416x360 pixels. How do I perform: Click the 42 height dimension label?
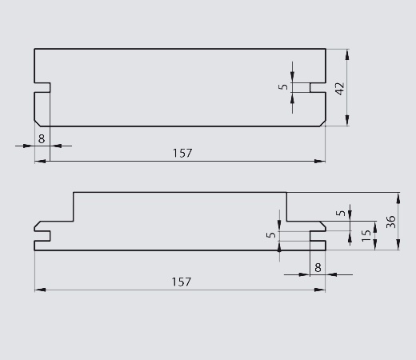click(x=340, y=89)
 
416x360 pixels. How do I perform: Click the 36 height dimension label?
click(x=391, y=222)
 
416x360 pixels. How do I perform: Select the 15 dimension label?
click(x=366, y=235)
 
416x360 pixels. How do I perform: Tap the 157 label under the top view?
click(x=182, y=153)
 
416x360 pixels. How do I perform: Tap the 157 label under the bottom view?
click(x=182, y=282)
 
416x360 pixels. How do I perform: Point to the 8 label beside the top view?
click(x=42, y=139)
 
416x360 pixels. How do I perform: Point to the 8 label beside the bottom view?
click(x=318, y=267)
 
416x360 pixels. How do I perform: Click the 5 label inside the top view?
click(x=283, y=87)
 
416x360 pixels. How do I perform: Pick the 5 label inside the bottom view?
click(x=271, y=235)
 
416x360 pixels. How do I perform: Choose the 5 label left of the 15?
click(x=341, y=213)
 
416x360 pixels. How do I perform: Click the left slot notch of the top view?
click(x=42, y=88)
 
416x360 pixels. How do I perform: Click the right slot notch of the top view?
click(x=318, y=88)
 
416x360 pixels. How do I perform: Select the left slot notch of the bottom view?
click(x=42, y=236)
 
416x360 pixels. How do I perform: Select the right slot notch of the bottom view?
click(x=318, y=236)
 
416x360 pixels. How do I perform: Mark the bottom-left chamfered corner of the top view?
click(x=38, y=123)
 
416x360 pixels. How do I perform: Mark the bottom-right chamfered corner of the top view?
click(x=322, y=123)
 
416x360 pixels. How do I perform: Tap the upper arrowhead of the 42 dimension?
click(x=347, y=54)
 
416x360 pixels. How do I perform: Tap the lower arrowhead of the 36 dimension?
click(x=398, y=245)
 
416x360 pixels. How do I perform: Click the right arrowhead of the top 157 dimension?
click(x=320, y=161)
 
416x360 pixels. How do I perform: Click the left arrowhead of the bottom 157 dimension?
click(x=40, y=290)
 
